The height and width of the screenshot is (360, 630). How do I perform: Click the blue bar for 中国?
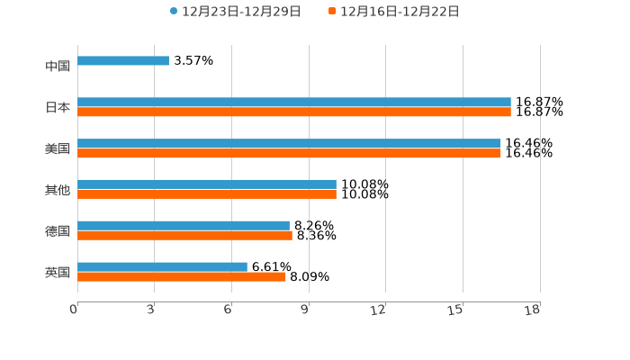pyautogui.click(x=123, y=61)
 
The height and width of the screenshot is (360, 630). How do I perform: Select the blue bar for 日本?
pyautogui.click(x=294, y=103)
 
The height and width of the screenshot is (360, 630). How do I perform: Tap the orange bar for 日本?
pyautogui.click(x=294, y=112)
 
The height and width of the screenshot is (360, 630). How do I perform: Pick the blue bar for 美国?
pyautogui.click(x=289, y=144)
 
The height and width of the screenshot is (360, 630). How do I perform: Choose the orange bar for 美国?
pyautogui.click(x=289, y=154)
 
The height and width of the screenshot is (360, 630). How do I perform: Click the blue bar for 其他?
pyautogui.click(x=207, y=184)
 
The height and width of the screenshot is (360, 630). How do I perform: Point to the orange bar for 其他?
pyautogui.click(x=207, y=194)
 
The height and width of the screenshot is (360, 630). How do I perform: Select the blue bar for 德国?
pyautogui.click(x=184, y=226)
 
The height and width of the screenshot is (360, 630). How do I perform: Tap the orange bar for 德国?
pyautogui.click(x=184, y=236)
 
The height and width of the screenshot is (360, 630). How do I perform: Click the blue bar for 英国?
pyautogui.click(x=162, y=267)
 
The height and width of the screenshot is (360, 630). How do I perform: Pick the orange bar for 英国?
pyautogui.click(x=182, y=277)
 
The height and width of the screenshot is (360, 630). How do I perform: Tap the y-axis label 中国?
pyautogui.click(x=58, y=67)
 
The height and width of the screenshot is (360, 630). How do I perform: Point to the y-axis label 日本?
pyautogui.click(x=58, y=108)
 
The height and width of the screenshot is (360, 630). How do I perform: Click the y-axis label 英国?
pyautogui.click(x=58, y=273)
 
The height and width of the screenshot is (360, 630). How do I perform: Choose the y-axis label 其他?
pyautogui.click(x=58, y=190)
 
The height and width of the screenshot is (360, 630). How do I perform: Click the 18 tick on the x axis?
pyautogui.click(x=534, y=310)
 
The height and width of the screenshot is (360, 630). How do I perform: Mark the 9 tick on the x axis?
pyautogui.click(x=305, y=310)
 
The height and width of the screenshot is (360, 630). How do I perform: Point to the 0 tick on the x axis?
pyautogui.click(x=75, y=310)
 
